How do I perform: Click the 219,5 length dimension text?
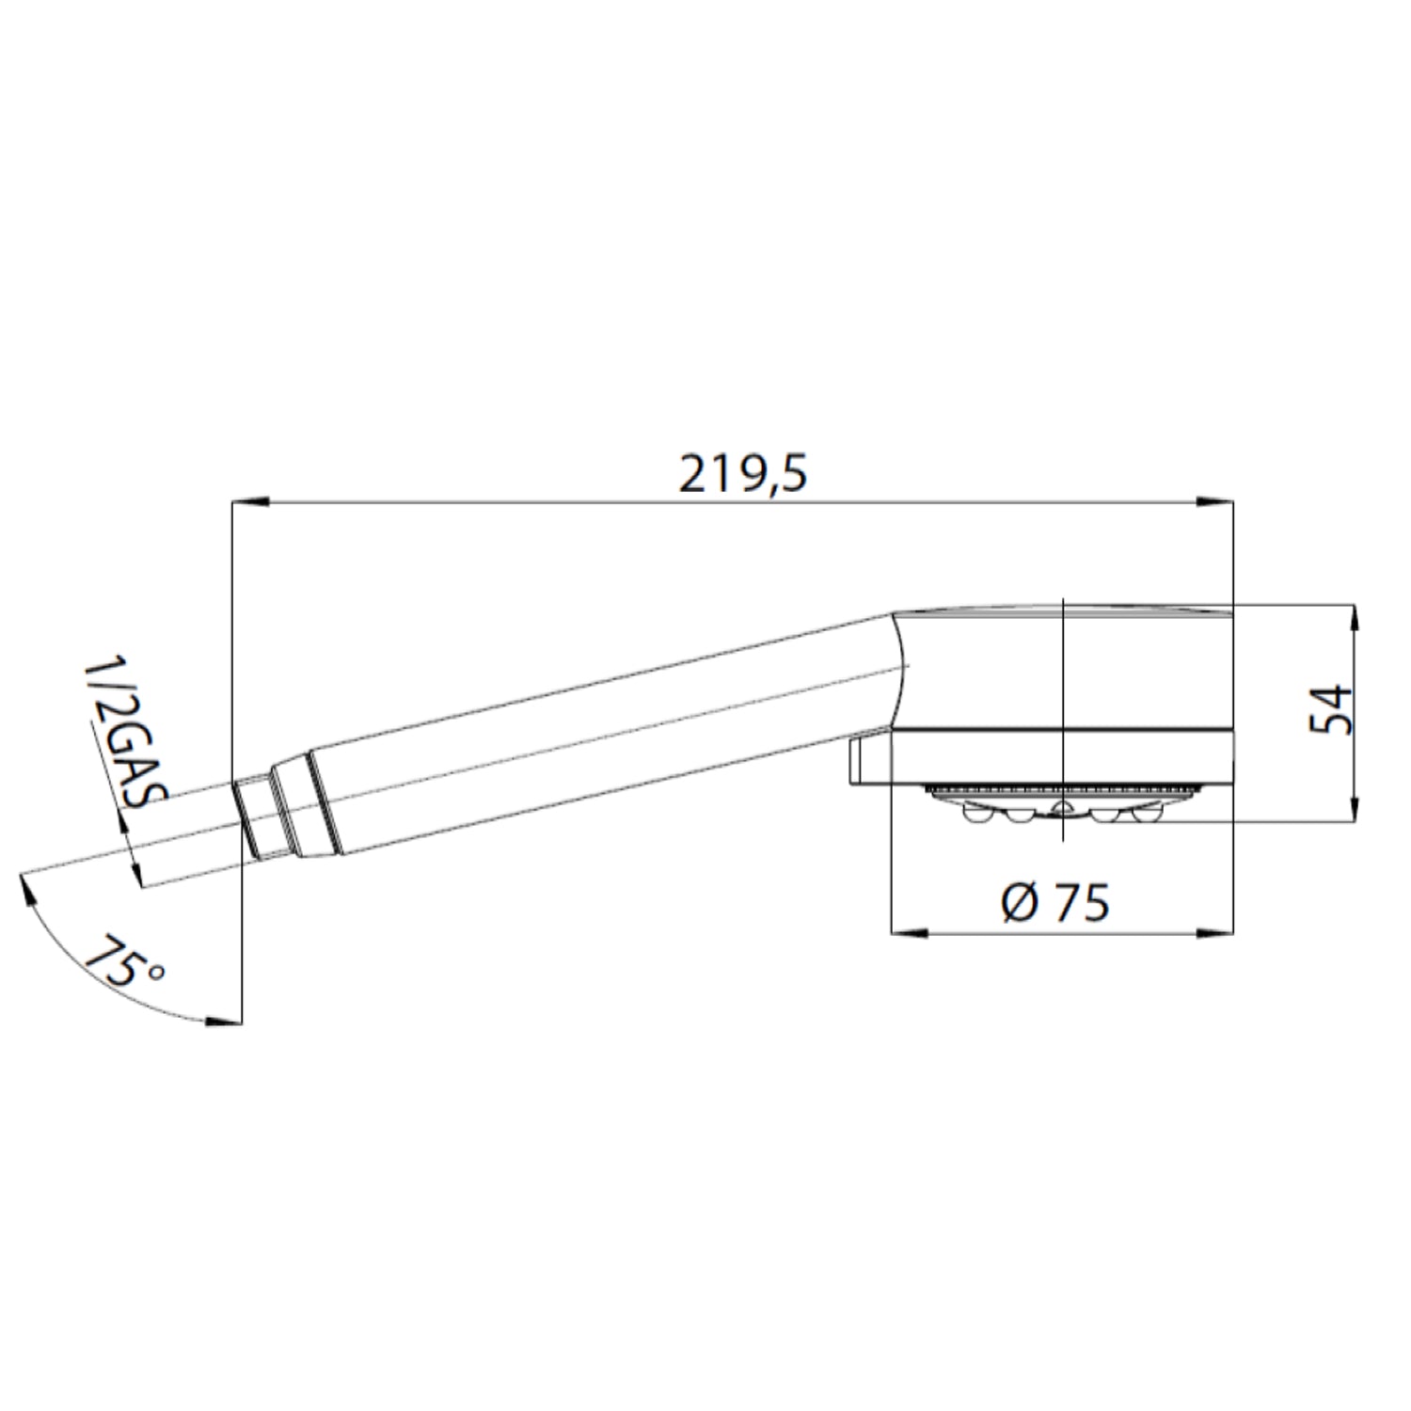[x=743, y=475]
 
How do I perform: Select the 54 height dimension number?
[x=1330, y=710]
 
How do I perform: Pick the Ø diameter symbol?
[x=1020, y=903]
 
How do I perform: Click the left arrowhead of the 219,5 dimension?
[x=250, y=504]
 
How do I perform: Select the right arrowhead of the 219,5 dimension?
[x=1213, y=504]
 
